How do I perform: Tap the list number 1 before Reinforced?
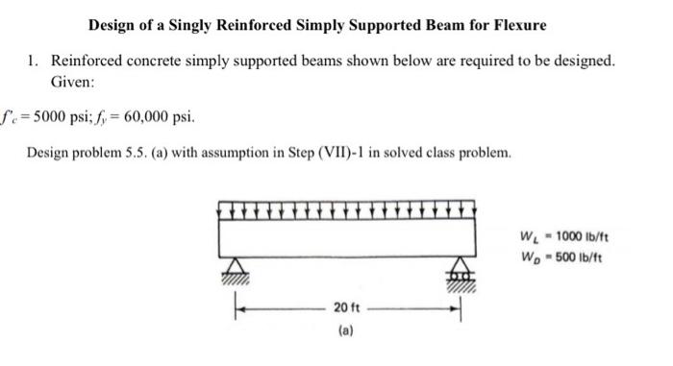click(32, 61)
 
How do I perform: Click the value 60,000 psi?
click(153, 118)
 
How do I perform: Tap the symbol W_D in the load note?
click(527, 256)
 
